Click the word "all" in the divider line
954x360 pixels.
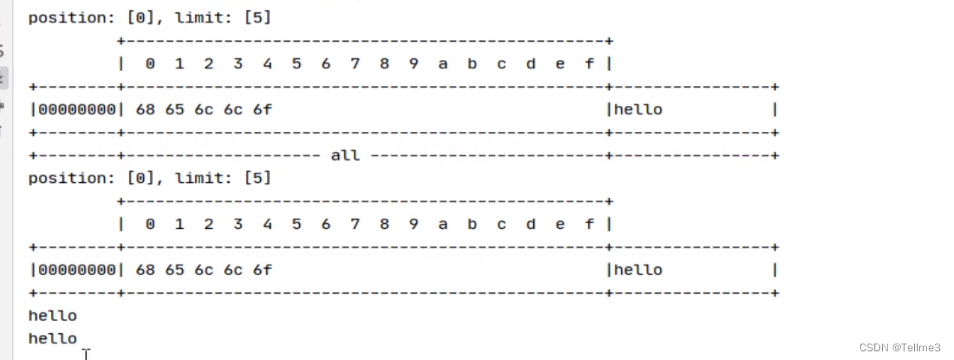345,155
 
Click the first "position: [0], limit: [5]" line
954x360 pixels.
149,17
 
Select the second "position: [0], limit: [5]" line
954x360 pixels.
149,178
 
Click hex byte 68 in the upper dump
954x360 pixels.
146,109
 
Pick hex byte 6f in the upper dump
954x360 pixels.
263,109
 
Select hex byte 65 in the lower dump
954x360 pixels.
175,270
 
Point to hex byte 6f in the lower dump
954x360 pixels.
263,270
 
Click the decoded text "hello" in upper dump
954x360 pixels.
637,109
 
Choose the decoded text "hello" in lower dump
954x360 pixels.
637,270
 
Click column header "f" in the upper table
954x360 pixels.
590,63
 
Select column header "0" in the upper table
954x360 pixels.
150,63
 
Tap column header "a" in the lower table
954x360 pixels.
443,224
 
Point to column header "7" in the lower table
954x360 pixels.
355,224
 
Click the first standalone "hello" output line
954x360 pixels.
52,316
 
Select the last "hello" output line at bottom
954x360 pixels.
52,338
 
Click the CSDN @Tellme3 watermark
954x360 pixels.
905,348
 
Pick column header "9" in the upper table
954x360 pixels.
414,63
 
